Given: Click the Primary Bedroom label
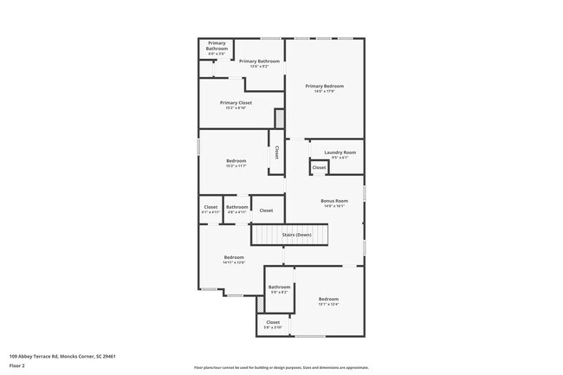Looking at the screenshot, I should [x=324, y=87].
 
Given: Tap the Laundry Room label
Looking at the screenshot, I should [x=333, y=152].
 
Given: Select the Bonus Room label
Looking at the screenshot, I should [x=333, y=201].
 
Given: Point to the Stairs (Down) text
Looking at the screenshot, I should [x=296, y=235].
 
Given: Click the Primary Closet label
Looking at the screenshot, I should [x=235, y=103].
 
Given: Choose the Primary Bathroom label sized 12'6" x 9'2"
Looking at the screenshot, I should [x=259, y=61].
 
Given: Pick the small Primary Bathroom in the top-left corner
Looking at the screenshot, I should [x=217, y=49].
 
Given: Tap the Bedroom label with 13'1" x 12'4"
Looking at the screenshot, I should [x=328, y=300].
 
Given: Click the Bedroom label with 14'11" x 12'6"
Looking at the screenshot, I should [x=234, y=257].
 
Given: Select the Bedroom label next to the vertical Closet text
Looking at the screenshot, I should [x=236, y=160].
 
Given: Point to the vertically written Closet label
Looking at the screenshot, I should [x=276, y=152].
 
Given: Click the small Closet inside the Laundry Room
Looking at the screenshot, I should [x=319, y=167].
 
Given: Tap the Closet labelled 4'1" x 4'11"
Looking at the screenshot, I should [x=210, y=208].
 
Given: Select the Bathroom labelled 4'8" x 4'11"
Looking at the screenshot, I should [x=237, y=208].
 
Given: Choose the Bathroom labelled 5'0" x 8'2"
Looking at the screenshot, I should [x=279, y=288].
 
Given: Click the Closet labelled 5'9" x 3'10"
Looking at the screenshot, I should [x=273, y=324].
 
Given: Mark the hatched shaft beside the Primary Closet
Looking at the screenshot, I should [x=279, y=118].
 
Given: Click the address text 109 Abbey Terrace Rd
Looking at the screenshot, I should [x=62, y=356].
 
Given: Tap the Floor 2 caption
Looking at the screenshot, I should [x=17, y=365].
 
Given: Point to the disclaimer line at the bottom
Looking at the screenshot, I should [x=281, y=367].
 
